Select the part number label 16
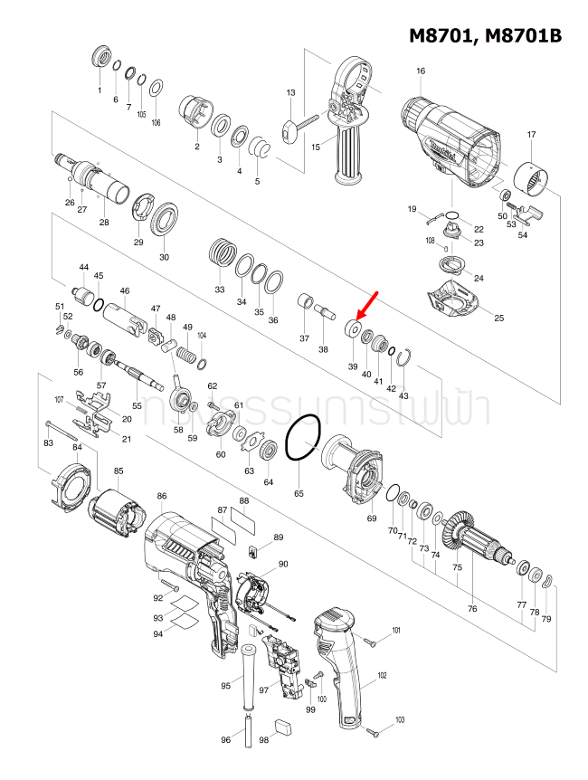420,71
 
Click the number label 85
119,471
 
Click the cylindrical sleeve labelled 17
532,179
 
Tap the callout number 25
498,318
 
